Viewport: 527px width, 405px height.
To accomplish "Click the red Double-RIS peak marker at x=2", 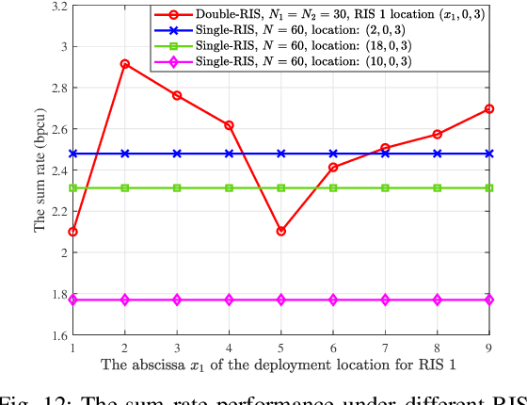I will click(124, 64).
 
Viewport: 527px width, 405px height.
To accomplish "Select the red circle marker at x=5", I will click(281, 231).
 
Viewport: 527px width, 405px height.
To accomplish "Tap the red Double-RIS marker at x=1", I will click(72, 232).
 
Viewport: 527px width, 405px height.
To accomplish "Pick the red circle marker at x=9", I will click(489, 108).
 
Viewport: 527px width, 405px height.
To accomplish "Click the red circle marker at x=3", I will click(177, 96).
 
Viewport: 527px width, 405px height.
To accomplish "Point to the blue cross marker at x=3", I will click(177, 154).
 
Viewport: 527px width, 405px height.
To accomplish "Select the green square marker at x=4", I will click(229, 188).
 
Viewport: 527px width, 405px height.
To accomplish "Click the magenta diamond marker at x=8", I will click(438, 300).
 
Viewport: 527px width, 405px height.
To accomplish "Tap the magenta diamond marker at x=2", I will click(124, 300).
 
